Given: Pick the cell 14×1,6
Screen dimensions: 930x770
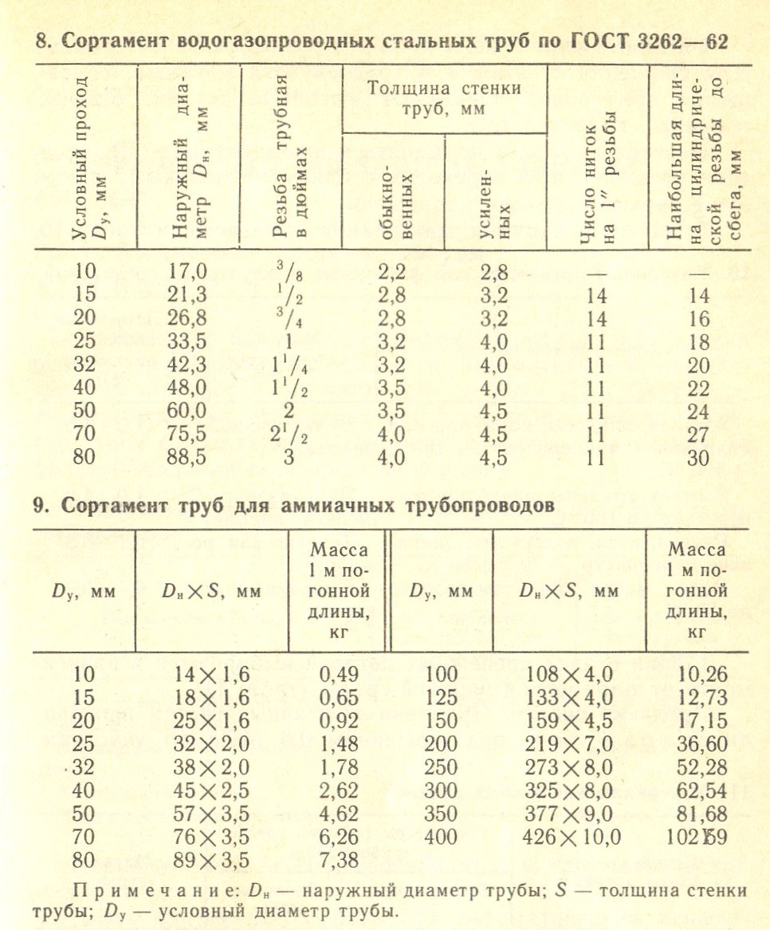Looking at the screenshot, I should (211, 674).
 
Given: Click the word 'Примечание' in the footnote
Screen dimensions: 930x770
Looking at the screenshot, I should (140, 891).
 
